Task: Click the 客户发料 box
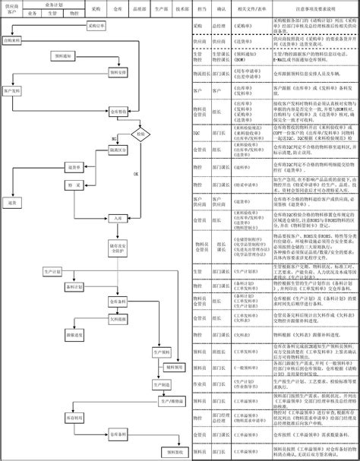tap(14, 90)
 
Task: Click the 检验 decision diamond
tap(139, 134)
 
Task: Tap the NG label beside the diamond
tap(115, 140)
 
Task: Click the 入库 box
tap(115, 217)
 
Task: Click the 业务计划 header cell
tap(54, 5)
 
